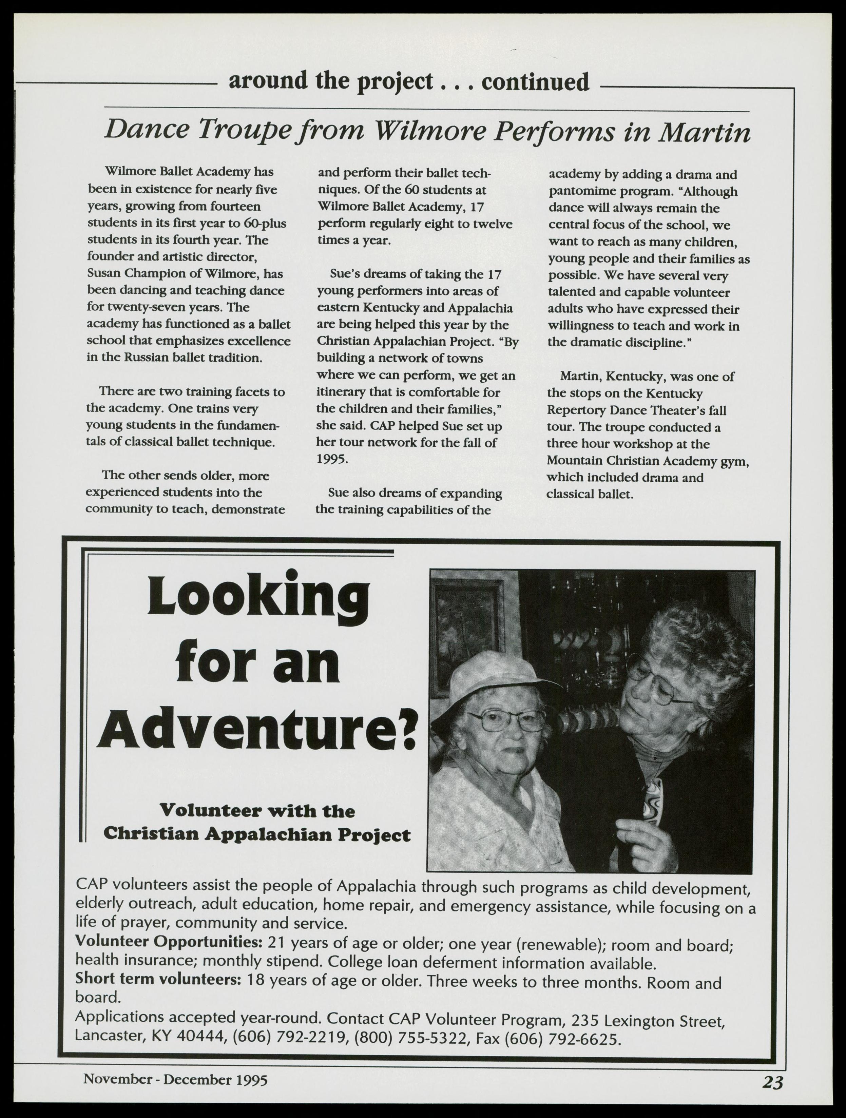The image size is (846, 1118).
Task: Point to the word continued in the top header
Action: click(535, 82)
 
